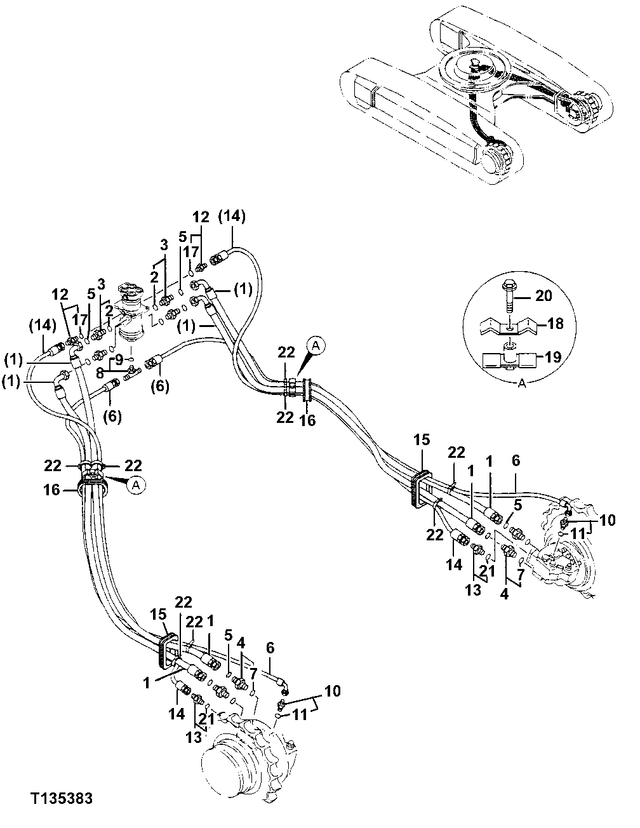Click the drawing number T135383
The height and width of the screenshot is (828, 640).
coord(60,798)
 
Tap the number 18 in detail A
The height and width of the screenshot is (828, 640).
coord(554,324)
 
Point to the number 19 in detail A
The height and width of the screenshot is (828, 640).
coord(552,357)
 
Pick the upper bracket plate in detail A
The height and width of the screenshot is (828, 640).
coord(509,326)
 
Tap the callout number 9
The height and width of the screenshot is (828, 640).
coord(119,359)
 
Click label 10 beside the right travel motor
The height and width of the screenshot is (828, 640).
coord(607,520)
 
